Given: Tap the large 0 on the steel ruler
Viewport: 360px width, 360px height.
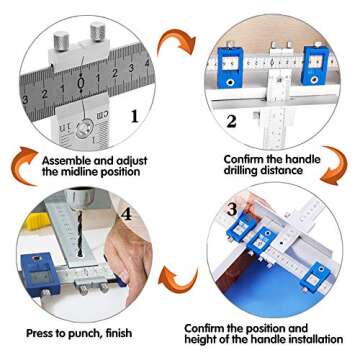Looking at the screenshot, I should (x=80, y=85).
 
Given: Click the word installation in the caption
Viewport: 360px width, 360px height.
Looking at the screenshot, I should (x=302, y=340).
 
